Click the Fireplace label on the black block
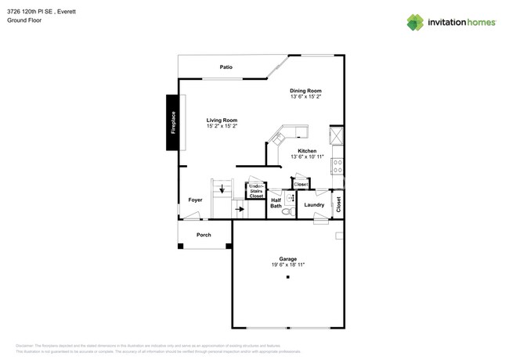click(x=173, y=123)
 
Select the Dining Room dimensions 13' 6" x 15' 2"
click(x=305, y=98)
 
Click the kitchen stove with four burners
click(x=337, y=166)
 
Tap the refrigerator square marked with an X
click(x=337, y=135)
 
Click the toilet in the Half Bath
click(x=287, y=211)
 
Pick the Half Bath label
click(x=276, y=203)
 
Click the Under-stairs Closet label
click(x=256, y=191)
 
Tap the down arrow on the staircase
click(x=222, y=189)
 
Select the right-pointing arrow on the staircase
click(x=240, y=209)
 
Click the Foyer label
click(x=195, y=200)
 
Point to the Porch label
click(x=204, y=235)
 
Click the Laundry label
click(x=314, y=205)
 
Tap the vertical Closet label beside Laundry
click(x=338, y=204)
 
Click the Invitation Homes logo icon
click(x=415, y=23)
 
